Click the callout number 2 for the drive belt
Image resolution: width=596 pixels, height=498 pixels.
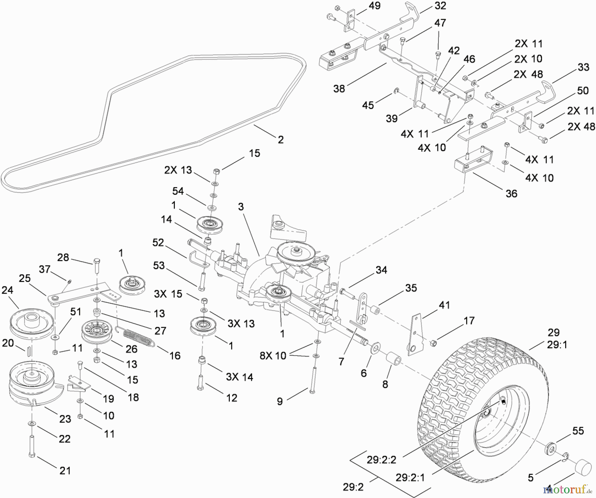[x=280, y=139]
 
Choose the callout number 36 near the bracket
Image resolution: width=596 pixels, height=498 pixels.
[x=511, y=194]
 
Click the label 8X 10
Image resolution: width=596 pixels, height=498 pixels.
[x=273, y=356]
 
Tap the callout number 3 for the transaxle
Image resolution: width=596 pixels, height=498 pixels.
[x=241, y=207]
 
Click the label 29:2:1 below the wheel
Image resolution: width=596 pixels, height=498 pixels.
[x=410, y=477]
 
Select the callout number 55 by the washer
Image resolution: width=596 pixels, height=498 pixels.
[x=578, y=431]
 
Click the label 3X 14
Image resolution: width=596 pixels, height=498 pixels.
[x=239, y=377]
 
